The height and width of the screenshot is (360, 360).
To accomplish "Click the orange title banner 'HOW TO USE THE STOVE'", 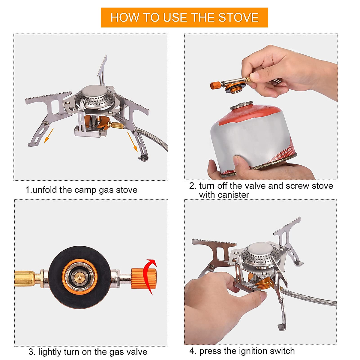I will (x=184, y=17).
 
